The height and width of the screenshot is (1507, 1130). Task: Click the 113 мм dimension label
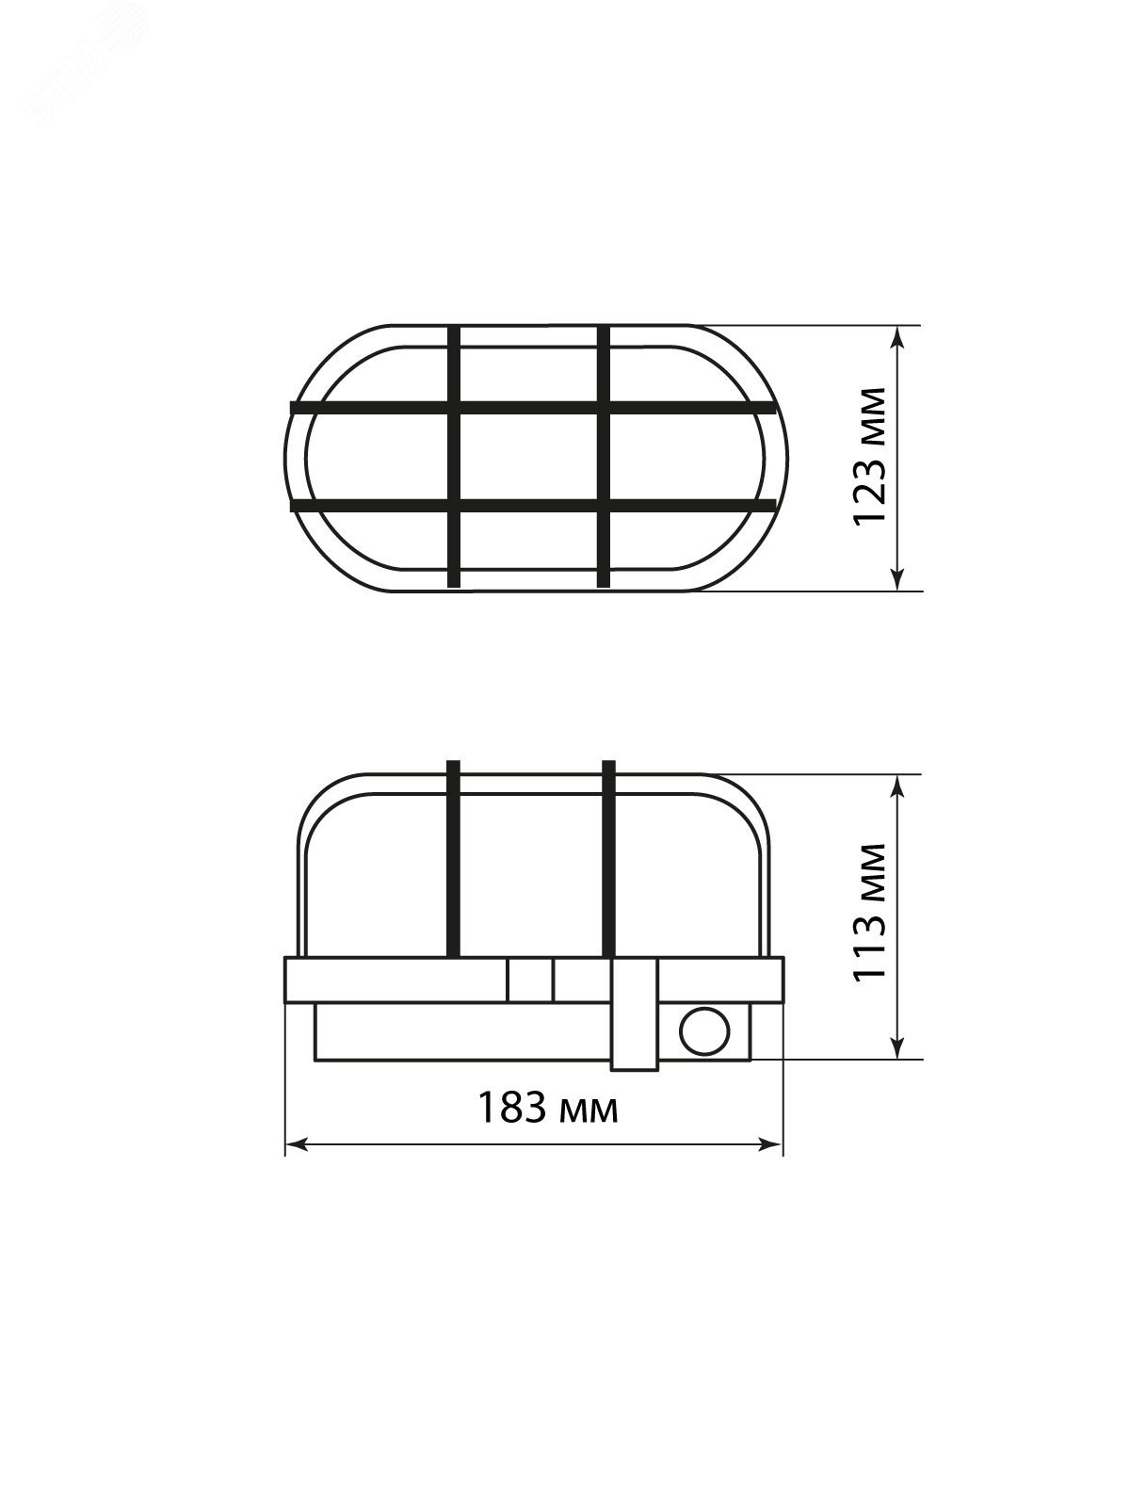tap(868, 913)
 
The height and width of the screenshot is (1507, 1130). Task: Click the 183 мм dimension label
tap(548, 1108)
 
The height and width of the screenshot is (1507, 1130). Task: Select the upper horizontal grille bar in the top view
tap(533, 409)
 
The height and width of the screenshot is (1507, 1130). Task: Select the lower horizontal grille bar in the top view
tap(533, 505)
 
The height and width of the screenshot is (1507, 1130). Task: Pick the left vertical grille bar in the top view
tap(454, 458)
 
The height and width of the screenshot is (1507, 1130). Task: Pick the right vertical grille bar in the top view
tap(605, 458)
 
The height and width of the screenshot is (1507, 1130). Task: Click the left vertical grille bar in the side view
tap(454, 859)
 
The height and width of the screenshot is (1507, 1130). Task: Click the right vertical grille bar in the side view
tap(608, 859)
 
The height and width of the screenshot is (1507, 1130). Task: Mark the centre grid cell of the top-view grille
tap(529, 458)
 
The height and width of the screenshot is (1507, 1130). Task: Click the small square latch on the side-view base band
tap(530, 980)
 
